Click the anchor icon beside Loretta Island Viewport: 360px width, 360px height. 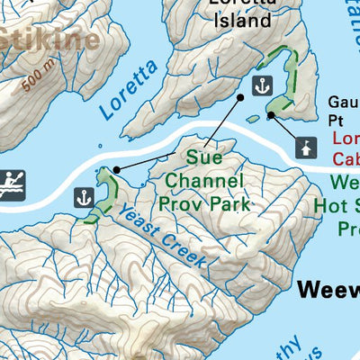261,86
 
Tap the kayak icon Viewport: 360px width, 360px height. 13,183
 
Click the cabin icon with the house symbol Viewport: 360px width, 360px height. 307,146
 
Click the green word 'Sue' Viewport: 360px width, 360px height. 204,157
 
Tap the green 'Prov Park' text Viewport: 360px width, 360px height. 202,203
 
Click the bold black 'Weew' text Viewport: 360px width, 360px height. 328,290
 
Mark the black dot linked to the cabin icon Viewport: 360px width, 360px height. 271,115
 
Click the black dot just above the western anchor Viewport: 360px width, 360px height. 116,169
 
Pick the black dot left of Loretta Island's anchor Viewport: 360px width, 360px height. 240,97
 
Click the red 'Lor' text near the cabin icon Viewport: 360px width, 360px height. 346,139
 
